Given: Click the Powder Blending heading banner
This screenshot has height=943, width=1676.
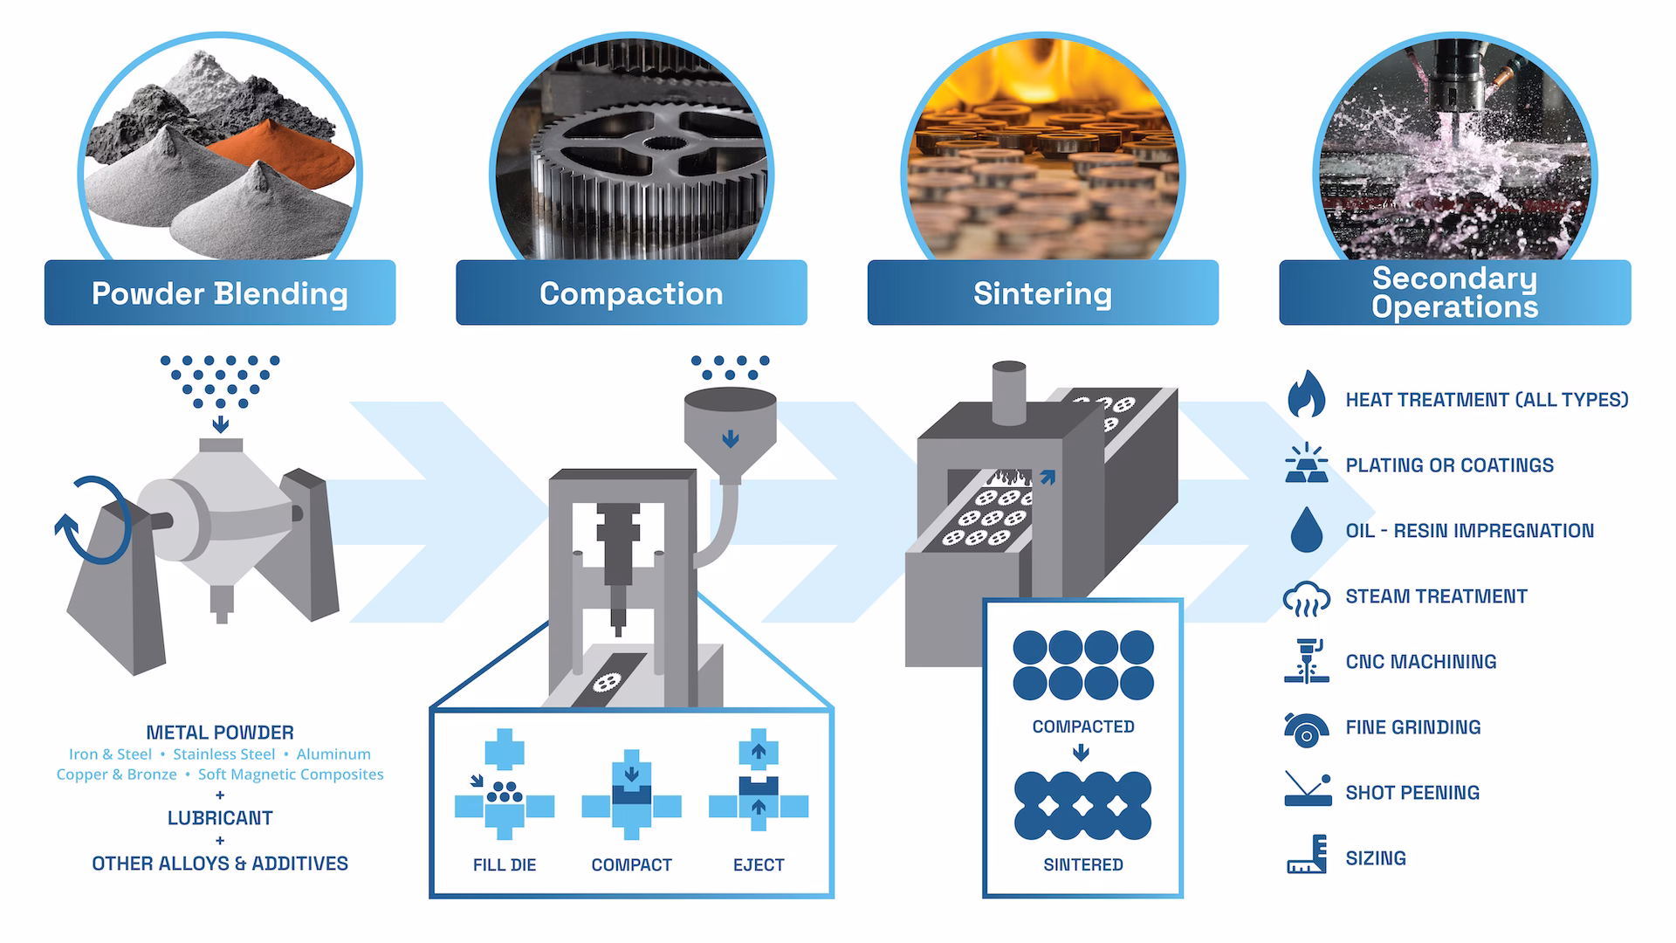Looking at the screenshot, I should (220, 293).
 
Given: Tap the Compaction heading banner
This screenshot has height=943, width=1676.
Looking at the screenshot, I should (631, 293).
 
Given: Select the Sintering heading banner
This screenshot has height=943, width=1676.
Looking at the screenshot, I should (1042, 293).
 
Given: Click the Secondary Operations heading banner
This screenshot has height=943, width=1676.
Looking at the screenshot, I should (1454, 293).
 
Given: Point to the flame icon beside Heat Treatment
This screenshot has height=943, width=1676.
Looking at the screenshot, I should (1306, 395).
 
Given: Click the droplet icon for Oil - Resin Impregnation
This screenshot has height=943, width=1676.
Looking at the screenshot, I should (1306, 529).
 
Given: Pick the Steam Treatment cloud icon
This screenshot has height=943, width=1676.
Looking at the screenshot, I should (1306, 599).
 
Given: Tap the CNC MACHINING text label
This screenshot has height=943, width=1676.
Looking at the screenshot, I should (1420, 662).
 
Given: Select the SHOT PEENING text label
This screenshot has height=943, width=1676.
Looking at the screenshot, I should (1412, 793).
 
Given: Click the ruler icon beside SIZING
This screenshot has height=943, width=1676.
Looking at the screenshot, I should (1308, 856).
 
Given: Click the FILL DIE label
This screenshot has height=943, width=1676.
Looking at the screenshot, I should (505, 865).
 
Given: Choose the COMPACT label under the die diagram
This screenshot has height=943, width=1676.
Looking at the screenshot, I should (631, 865).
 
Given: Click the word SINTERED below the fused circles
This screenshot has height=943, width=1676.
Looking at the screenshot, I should (1082, 865).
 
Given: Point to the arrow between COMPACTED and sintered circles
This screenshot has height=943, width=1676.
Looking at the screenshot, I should (1081, 753).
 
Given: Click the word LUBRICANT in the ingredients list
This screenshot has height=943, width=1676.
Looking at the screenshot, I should (220, 818).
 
